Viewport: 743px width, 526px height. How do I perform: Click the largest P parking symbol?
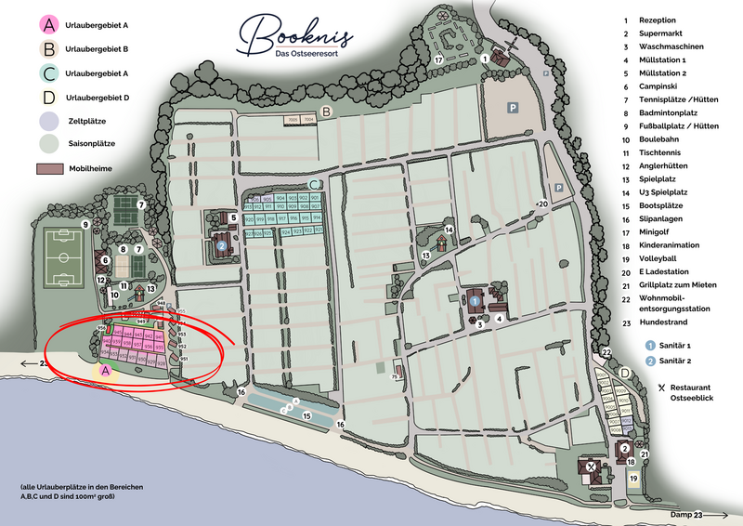pyautogui.click(x=512, y=108)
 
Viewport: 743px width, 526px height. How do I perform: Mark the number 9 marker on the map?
pyautogui.click(x=84, y=224)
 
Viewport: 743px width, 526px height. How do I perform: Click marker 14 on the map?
pyautogui.click(x=449, y=230)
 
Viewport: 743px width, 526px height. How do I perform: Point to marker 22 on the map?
pyautogui.click(x=606, y=352)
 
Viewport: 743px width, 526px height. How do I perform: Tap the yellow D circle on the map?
pyautogui.click(x=626, y=375)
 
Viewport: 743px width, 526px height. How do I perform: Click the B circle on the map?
pyautogui.click(x=327, y=112)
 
